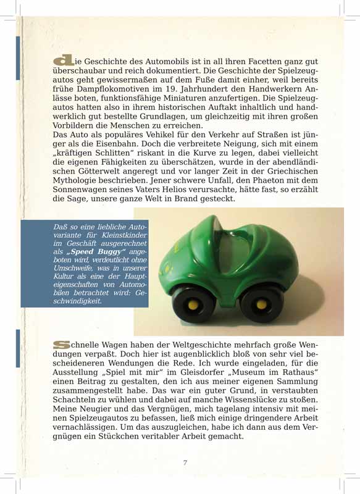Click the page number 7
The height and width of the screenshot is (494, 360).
[185, 463]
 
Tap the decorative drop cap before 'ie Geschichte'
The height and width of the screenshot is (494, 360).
[64, 61]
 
